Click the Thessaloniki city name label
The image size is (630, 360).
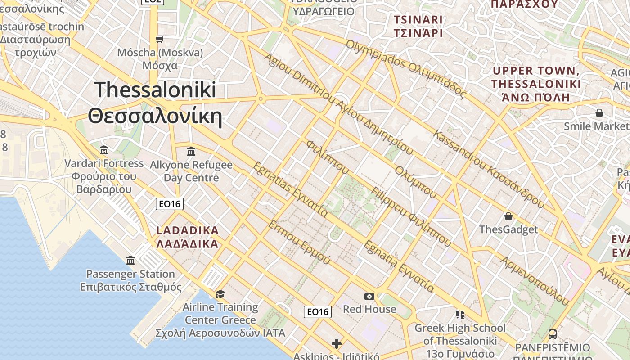coord(155,103)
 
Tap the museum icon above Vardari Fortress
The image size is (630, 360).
coord(104,150)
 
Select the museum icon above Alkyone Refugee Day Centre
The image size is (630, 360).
coord(191,151)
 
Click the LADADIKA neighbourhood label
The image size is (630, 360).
coord(187,237)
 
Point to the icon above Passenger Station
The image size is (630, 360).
coord(130,260)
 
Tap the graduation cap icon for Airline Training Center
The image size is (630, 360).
coord(220,294)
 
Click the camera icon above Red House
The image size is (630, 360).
coord(369,296)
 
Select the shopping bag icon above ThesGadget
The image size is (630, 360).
coord(508,216)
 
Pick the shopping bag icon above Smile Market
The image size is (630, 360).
coord(599,112)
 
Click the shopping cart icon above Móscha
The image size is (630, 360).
coord(160,39)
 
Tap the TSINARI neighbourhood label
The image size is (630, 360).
coord(418,26)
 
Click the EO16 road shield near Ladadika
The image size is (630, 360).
coord(170,204)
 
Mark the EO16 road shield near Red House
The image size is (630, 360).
coord(318,311)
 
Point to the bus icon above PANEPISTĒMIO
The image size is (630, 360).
coord(553,334)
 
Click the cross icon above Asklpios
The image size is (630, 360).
coord(337,344)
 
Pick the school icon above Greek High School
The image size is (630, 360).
coord(460,314)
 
